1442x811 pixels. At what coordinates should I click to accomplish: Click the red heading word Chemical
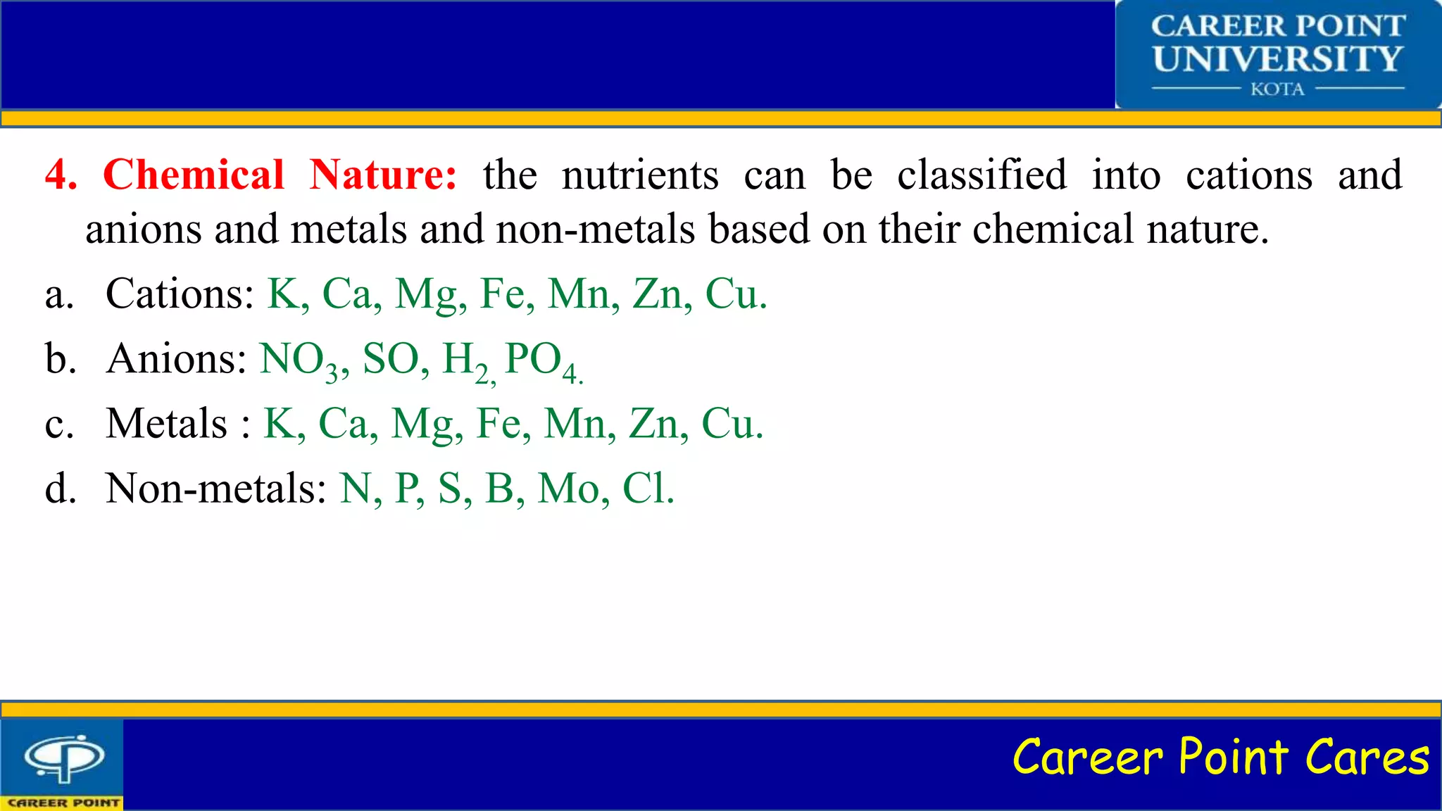pyautogui.click(x=194, y=175)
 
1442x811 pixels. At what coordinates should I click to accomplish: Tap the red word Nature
pyautogui.click(x=383, y=175)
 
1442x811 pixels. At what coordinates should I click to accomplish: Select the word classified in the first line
pyautogui.click(x=982, y=175)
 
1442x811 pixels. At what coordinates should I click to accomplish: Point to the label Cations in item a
pyautogui.click(x=180, y=294)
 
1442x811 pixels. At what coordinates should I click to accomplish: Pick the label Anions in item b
pyautogui.click(x=176, y=358)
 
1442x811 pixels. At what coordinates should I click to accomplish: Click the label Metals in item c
pyautogui.click(x=167, y=424)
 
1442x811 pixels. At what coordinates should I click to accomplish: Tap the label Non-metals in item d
pyautogui.click(x=215, y=488)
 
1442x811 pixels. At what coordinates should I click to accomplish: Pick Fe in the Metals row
pyautogui.click(x=500, y=424)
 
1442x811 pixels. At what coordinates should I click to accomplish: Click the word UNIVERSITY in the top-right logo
pyautogui.click(x=1277, y=58)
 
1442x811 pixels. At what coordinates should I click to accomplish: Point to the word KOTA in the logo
pyautogui.click(x=1277, y=89)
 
